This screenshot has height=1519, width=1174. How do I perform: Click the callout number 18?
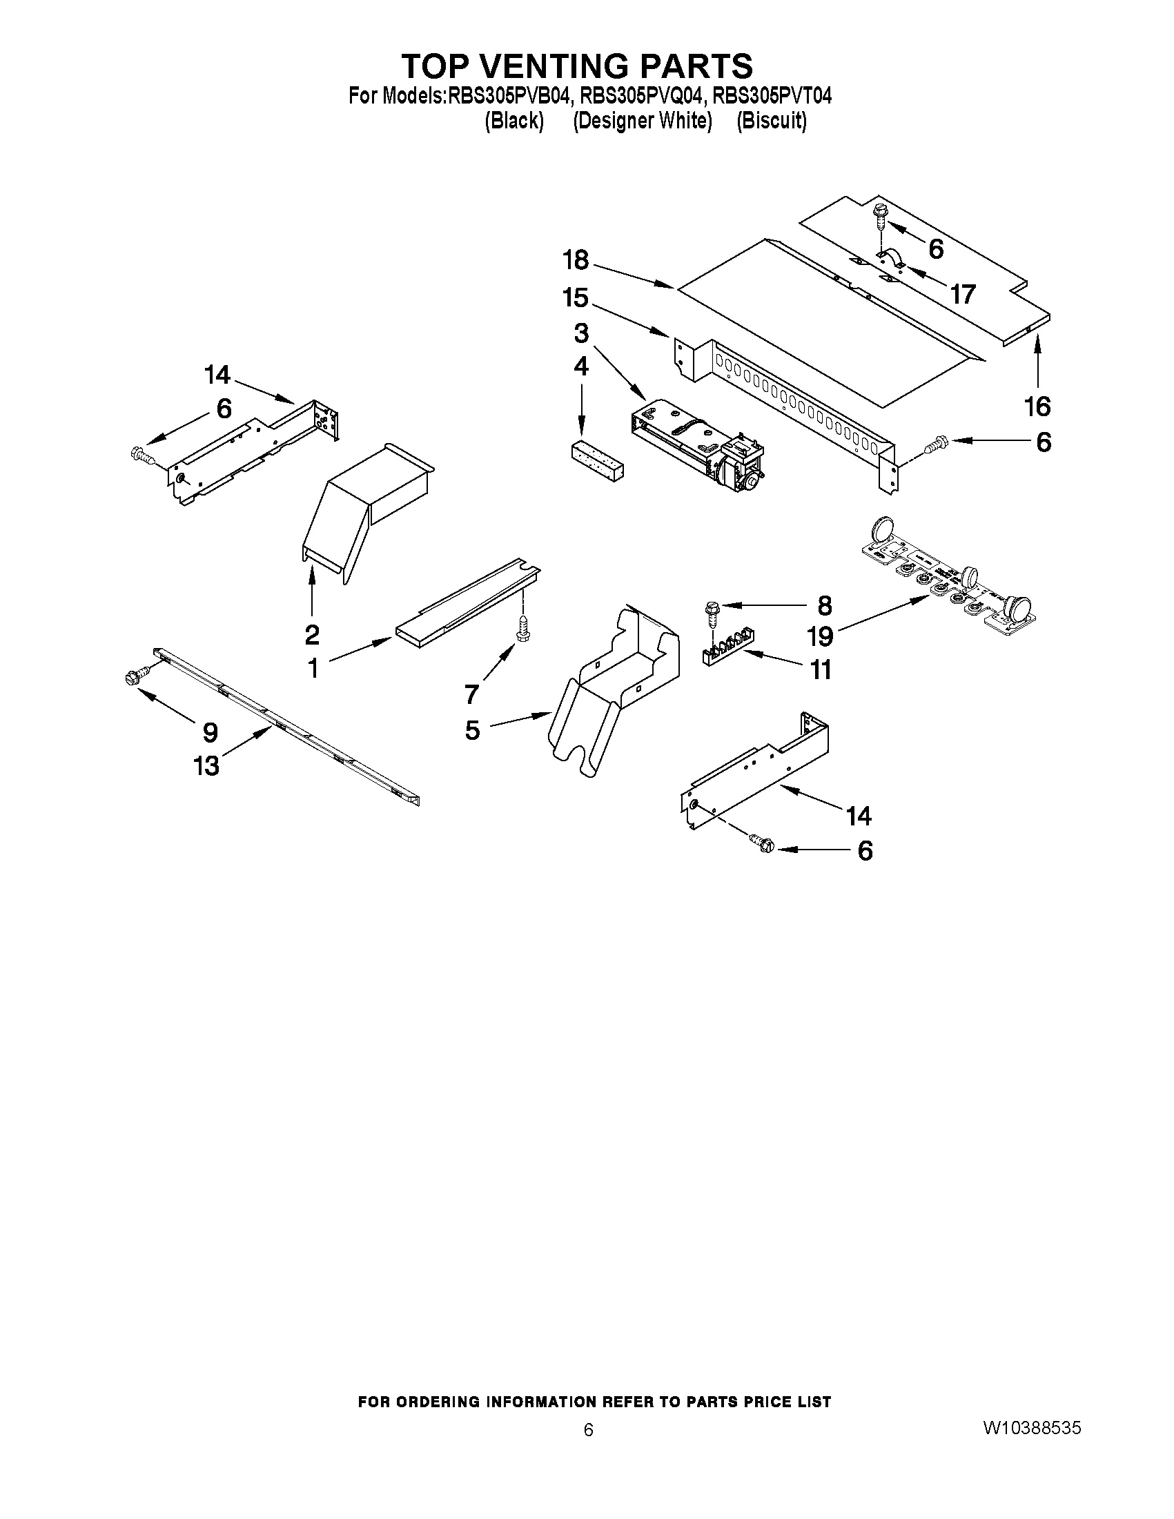(x=575, y=261)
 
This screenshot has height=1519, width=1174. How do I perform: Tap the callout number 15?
(x=575, y=298)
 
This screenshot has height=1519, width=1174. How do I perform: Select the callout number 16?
(x=1037, y=406)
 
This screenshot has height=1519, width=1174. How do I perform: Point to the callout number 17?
(x=963, y=295)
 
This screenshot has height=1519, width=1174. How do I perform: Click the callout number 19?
(x=821, y=636)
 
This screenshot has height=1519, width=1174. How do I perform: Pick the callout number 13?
(x=207, y=766)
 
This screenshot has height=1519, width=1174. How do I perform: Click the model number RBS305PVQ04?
(x=640, y=95)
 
